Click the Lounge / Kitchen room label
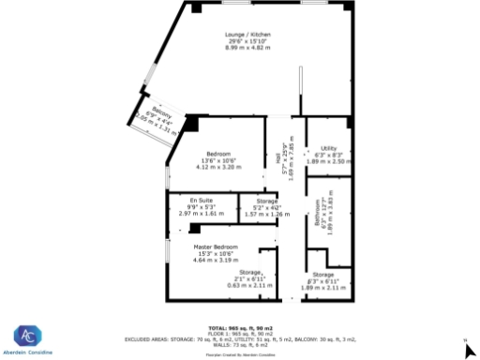247,36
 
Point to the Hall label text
279,158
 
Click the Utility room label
328,148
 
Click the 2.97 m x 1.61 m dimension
202,213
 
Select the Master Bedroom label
217,247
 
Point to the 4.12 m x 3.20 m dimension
218,167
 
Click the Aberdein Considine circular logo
27,335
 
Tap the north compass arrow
471,351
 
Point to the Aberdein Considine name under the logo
27,352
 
